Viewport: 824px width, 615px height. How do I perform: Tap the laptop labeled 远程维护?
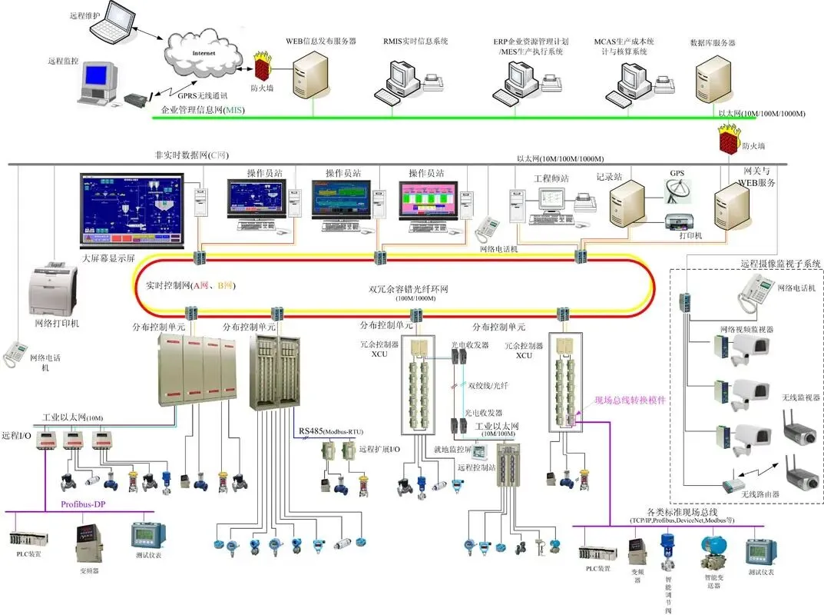(112, 22)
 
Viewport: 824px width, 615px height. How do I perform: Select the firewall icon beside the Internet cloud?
(263, 65)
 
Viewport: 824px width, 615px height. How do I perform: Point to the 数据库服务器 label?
(712, 43)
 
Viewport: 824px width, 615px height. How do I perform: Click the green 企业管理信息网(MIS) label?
(211, 111)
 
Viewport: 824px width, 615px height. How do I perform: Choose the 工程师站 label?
(551, 178)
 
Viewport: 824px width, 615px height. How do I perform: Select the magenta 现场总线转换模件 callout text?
(630, 401)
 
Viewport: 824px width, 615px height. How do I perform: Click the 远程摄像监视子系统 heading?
(780, 264)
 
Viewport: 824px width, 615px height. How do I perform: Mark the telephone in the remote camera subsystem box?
(756, 290)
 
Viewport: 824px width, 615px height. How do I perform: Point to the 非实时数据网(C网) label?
(191, 155)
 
